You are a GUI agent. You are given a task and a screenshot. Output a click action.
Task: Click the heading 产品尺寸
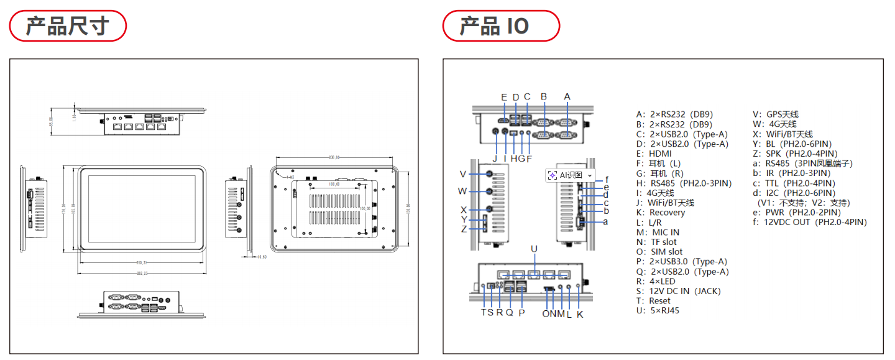click(x=67, y=26)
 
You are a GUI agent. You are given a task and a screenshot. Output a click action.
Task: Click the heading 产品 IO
click(x=494, y=26)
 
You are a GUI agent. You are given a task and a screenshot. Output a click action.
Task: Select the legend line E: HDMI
click(x=654, y=154)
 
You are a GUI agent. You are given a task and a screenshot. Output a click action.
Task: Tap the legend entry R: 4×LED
click(x=655, y=281)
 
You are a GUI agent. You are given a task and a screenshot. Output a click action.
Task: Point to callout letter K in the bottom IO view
click(x=580, y=314)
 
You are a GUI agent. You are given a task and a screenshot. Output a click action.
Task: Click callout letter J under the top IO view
click(x=495, y=158)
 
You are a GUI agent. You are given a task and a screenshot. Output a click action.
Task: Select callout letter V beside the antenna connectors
click(x=462, y=173)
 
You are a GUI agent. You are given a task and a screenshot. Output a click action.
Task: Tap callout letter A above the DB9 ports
click(x=566, y=96)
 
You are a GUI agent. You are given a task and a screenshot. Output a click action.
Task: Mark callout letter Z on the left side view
click(x=463, y=229)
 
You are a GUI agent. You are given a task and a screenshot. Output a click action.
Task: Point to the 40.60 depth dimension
click(x=260, y=256)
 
